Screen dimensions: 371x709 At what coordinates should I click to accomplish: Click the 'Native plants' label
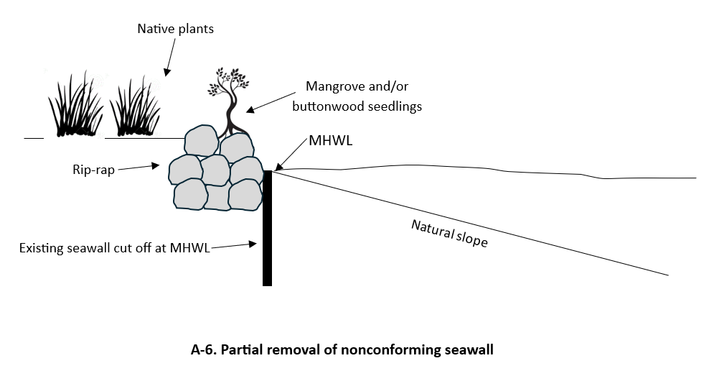click(176, 29)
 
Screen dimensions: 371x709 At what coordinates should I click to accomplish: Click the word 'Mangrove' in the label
click(334, 87)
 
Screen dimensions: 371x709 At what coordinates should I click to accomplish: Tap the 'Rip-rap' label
click(92, 170)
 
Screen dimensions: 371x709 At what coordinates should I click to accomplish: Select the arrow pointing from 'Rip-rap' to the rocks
click(138, 168)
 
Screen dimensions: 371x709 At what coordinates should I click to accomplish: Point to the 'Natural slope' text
click(449, 234)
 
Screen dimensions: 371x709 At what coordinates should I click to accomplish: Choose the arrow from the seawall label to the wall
click(233, 245)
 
